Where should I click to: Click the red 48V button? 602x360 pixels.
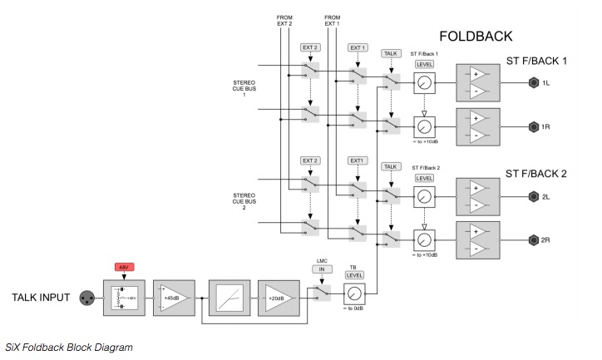point(124,269)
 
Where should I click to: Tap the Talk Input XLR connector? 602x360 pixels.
point(86,298)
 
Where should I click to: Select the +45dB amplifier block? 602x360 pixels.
point(172,298)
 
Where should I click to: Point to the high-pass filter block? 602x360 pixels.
point(227,298)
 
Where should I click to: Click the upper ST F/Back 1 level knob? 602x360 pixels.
point(425,83)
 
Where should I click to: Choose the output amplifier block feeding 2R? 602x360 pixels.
point(477,239)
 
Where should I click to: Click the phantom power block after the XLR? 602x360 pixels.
point(124,298)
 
